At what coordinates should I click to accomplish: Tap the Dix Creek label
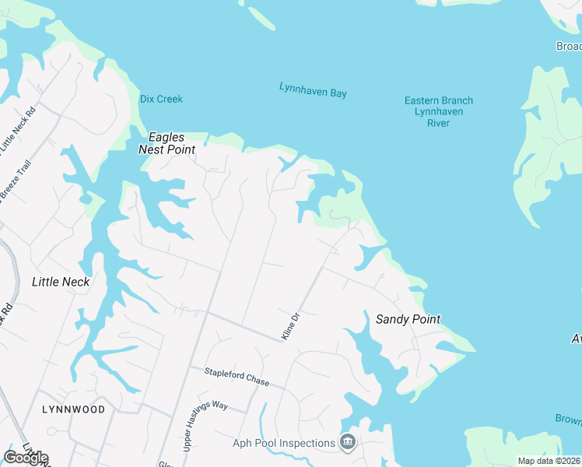(x=161, y=99)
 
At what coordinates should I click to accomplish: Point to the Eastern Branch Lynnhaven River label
(x=439, y=111)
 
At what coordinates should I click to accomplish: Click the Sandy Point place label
(x=408, y=319)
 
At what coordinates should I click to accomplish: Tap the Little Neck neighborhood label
(x=61, y=282)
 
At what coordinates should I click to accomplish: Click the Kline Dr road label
(x=290, y=326)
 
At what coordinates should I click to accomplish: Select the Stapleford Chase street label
(x=237, y=377)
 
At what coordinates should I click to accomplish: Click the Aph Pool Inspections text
(x=283, y=444)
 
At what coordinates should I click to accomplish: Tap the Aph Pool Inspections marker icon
(x=348, y=443)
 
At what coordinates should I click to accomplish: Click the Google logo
(x=26, y=458)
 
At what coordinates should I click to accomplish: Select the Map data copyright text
(x=548, y=461)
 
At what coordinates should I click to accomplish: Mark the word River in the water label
(x=439, y=123)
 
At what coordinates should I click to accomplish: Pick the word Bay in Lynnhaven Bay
(x=337, y=93)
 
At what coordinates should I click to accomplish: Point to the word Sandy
(x=391, y=319)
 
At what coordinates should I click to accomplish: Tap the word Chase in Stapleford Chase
(x=254, y=382)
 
